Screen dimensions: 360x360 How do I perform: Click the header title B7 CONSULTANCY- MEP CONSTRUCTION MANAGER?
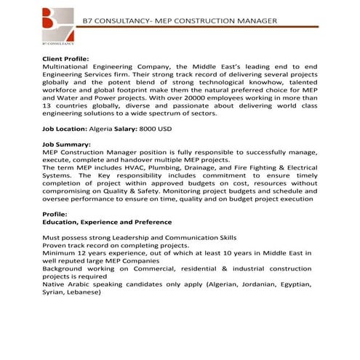pyautogui.click(x=180, y=20)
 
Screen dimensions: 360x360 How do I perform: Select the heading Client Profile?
pyautogui.click(x=66, y=57)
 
